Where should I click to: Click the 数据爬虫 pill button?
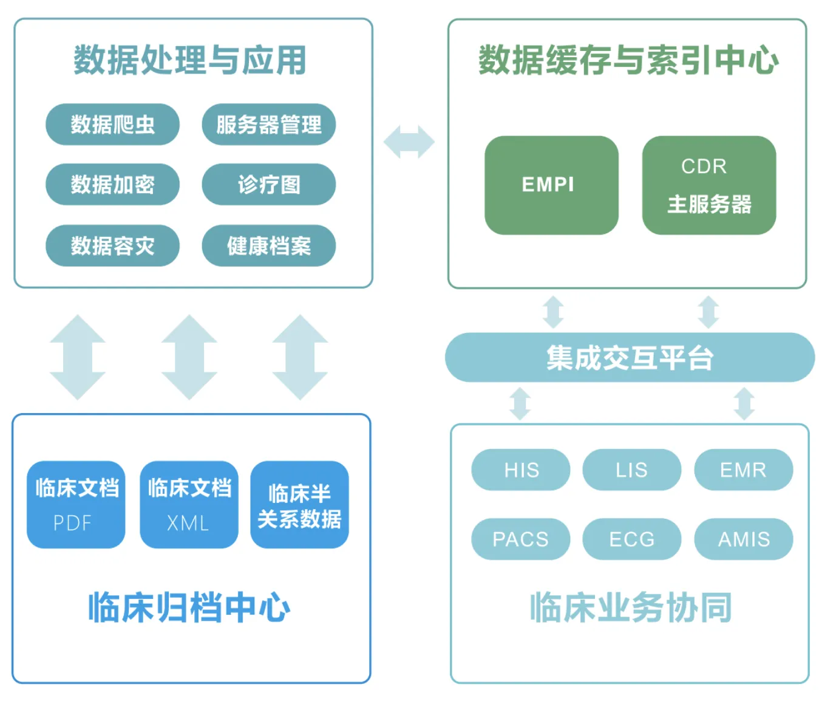[x=112, y=125]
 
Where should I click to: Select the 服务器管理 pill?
[x=268, y=125]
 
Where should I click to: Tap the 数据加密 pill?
[x=112, y=184]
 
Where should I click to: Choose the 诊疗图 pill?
[x=268, y=184]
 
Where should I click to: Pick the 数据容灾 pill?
[x=112, y=245]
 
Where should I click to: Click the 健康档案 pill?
[x=268, y=245]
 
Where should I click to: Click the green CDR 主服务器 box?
[x=708, y=185]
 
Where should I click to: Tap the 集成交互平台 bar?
[x=630, y=357]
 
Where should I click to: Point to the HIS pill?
[x=520, y=470]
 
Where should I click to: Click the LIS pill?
[x=631, y=470]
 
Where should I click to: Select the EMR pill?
[x=743, y=470]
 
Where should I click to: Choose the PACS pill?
[x=520, y=539]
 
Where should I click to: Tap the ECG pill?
[x=631, y=539]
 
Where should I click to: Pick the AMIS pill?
[x=743, y=539]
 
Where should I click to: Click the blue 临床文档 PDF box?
[x=76, y=504]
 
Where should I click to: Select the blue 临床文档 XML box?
[x=189, y=504]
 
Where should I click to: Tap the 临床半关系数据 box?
[x=299, y=504]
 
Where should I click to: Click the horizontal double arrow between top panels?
[x=409, y=142]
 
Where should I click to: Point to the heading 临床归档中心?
[x=189, y=607]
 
